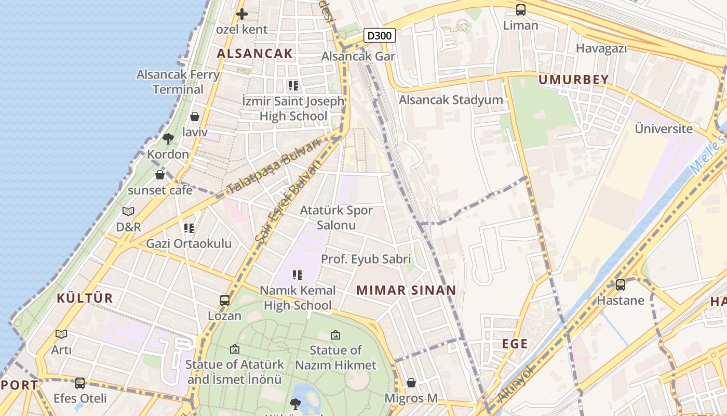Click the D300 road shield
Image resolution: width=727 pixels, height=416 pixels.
380,35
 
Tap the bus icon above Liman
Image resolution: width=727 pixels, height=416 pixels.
520,10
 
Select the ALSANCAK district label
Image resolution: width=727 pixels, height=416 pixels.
254,53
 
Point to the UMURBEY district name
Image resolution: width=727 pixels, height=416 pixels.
573,80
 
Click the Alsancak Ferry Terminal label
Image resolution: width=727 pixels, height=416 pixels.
178,82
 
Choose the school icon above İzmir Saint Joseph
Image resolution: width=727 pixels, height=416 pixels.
293,85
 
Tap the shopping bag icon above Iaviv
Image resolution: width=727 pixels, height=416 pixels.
195,116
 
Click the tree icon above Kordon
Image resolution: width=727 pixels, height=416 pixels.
168,139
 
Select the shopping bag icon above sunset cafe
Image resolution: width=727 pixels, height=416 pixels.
160,175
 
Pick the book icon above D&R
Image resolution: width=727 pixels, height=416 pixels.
128,211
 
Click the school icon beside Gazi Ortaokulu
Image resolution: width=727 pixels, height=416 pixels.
189,228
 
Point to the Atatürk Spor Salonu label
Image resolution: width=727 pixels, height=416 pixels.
336,217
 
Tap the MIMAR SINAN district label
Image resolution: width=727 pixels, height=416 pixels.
406,290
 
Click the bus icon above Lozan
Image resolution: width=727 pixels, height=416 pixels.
225,301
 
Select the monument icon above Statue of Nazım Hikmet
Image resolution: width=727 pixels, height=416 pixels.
335,335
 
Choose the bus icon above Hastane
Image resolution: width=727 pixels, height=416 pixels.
620,285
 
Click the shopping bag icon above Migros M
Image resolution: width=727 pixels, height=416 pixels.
411,383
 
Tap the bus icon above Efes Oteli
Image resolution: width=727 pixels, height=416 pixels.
80,383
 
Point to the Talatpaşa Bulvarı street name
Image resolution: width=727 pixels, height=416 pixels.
274,167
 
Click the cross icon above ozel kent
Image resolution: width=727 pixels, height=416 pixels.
241,14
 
